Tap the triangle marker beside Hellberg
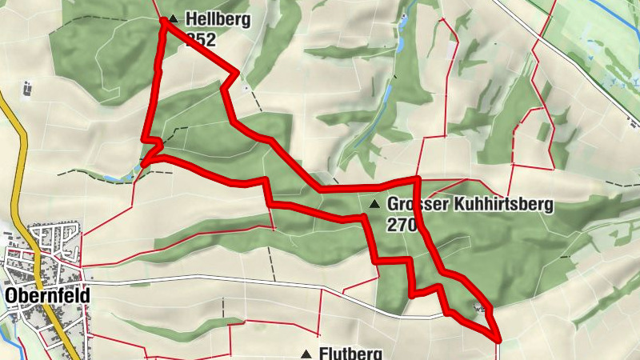pyautogui.click(x=173, y=17)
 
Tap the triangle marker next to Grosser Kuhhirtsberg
pyautogui.click(x=374, y=205)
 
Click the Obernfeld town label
pyautogui.click(x=46, y=295)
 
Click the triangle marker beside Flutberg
pyautogui.click(x=306, y=353)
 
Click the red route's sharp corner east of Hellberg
pyautogui.click(x=236, y=75)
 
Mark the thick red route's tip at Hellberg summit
pyautogui.click(x=164, y=21)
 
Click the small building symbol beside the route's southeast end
pyautogui.click(x=480, y=307)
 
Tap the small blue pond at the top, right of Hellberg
pyautogui.click(x=404, y=16)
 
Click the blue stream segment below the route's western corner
pyautogui.click(x=120, y=177)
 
